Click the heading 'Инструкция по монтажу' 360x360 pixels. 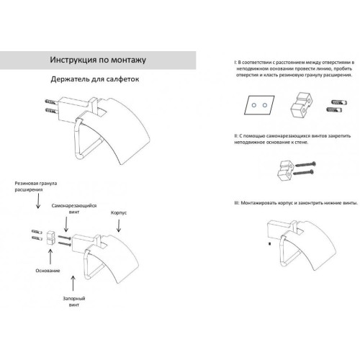coord(98,60)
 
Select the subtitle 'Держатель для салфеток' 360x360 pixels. coord(95,79)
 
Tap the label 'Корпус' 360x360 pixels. coord(119,212)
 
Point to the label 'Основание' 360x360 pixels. coord(48,271)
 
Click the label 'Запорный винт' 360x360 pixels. coord(74,302)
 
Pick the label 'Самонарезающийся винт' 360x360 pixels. coord(74,209)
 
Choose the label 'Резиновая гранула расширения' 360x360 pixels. coord(36,186)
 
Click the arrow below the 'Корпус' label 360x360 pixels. coord(119,225)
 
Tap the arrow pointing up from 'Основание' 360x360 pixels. coord(50,257)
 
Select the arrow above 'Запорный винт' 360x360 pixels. coord(73,283)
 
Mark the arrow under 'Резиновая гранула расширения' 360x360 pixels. coord(38,201)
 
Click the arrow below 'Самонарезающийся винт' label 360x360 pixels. coord(66,224)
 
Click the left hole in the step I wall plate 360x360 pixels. coord(254,105)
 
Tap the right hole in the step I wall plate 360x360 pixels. coord(265,105)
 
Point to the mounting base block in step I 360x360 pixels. coord(301,105)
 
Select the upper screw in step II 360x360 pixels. coord(305,164)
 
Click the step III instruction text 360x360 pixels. coord(296,203)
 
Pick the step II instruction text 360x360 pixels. coord(292,139)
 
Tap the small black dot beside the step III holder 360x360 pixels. coord(270,244)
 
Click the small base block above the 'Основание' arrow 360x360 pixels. coord(50,238)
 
